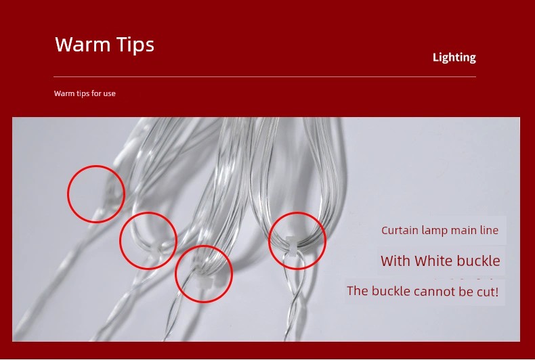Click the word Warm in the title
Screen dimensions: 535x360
pyautogui.click(x=83, y=44)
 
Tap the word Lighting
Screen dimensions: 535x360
pyautogui.click(x=454, y=58)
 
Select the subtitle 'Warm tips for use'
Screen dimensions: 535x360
pyautogui.click(x=85, y=93)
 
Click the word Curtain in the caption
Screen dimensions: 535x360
pyautogui.click(x=400, y=230)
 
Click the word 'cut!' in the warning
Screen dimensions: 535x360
pyautogui.click(x=487, y=292)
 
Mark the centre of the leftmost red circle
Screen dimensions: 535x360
pyautogui.click(x=96, y=194)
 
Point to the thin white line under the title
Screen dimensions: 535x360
pyautogui.click(x=265, y=76)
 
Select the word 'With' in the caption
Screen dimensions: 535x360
pyautogui.click(x=395, y=261)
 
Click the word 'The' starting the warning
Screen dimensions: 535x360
pyautogui.click(x=358, y=291)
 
